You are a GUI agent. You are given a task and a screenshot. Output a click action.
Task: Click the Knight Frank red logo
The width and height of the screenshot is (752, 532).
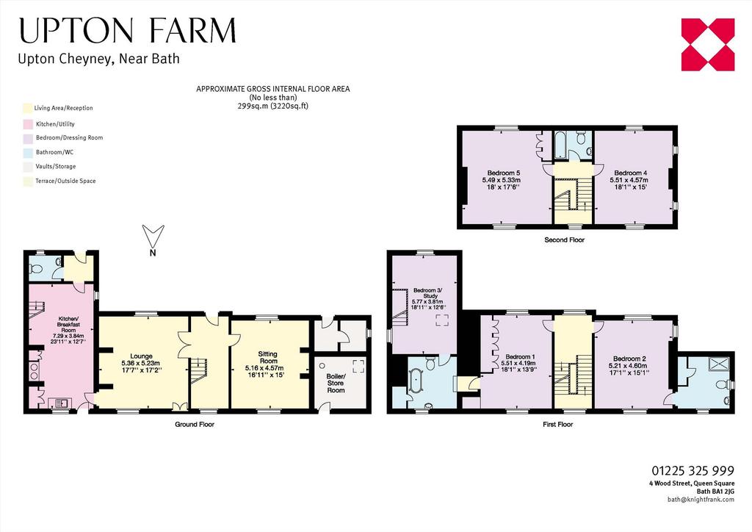point(708,45)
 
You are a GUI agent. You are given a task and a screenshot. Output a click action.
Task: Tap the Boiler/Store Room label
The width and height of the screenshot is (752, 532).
point(336,383)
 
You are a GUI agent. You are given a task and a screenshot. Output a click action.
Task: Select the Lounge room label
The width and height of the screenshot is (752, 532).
point(141,356)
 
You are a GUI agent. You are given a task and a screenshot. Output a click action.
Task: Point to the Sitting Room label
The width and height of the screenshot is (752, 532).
point(268,357)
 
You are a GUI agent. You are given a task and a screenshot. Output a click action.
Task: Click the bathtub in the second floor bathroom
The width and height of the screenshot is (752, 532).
point(560,145)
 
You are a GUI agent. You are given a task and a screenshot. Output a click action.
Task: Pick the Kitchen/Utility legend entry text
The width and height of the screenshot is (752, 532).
point(55,124)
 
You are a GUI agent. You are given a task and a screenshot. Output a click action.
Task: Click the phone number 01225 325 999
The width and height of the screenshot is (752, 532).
point(693,470)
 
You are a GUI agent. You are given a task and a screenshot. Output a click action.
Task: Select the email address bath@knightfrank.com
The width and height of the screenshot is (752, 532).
point(701,500)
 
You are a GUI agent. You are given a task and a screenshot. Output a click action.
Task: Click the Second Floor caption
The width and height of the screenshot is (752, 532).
point(565,240)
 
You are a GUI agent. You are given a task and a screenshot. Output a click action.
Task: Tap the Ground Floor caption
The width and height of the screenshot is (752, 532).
point(194,425)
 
